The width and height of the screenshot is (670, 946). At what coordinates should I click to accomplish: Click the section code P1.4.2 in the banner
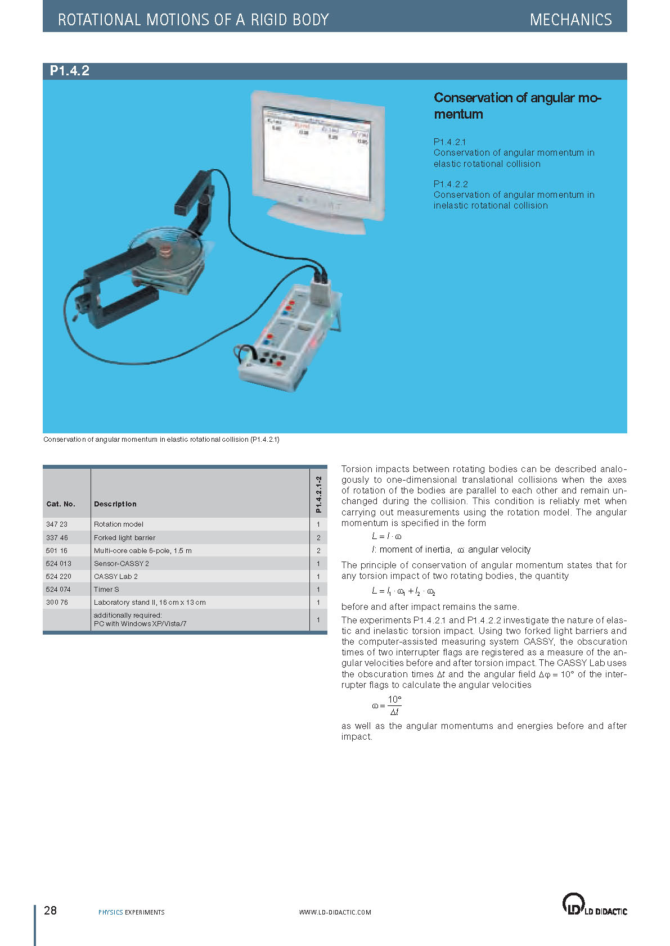click(70, 71)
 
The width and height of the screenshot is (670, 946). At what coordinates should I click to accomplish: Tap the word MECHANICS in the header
click(570, 20)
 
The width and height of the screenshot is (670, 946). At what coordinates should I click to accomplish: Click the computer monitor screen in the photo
click(316, 151)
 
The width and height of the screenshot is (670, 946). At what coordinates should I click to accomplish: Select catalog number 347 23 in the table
click(57, 524)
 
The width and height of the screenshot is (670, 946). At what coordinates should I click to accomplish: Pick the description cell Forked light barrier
click(124, 537)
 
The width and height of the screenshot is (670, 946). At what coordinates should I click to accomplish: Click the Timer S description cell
click(106, 589)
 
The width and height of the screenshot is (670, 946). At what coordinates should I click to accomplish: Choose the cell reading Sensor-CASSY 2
click(121, 563)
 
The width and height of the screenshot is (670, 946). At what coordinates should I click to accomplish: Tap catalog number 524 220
click(59, 576)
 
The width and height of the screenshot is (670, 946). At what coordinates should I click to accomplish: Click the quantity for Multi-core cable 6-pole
click(318, 550)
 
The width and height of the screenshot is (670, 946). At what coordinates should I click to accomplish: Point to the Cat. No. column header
click(61, 504)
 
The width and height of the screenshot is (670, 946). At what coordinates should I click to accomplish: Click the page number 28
click(50, 911)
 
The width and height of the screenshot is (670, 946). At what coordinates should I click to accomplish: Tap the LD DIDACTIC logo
click(594, 905)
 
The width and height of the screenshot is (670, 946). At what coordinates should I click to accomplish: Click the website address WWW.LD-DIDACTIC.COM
click(335, 912)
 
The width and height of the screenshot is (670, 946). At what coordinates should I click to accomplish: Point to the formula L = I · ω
click(386, 536)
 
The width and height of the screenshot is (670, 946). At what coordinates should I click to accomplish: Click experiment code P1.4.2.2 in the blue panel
click(451, 184)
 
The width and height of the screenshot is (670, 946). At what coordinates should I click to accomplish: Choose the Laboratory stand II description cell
click(150, 602)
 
